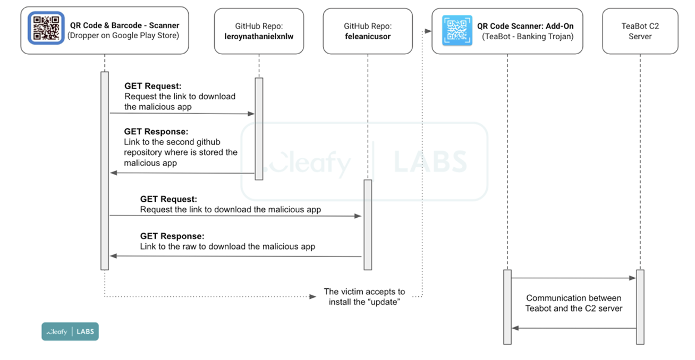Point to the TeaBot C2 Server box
[639, 31]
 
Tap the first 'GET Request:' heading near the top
[152, 85]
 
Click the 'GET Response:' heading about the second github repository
[156, 131]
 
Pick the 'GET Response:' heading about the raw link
[172, 235]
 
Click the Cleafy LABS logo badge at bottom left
[70, 332]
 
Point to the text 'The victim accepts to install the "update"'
[364, 297]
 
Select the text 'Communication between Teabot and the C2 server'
[573, 303]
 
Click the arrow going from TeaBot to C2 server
[573, 278]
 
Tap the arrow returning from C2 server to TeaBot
[573, 329]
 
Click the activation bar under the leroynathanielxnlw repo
[259, 129]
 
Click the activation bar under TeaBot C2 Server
[640, 306]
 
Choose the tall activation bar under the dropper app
[105, 170]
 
